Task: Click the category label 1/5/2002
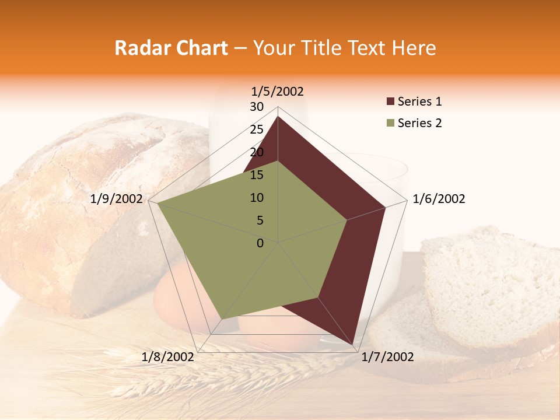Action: (x=278, y=92)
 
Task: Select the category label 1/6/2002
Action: (x=439, y=199)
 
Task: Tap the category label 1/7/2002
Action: (x=387, y=357)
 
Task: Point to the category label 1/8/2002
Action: (x=167, y=357)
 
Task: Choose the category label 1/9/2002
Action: (x=116, y=199)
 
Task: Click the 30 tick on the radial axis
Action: (x=257, y=107)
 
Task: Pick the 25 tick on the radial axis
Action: (x=257, y=129)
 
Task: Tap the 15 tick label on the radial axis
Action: (x=257, y=175)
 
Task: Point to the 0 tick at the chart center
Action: (x=260, y=243)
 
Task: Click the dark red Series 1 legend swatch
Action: (x=390, y=102)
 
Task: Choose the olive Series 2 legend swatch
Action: (x=390, y=123)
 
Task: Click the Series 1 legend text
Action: (x=419, y=102)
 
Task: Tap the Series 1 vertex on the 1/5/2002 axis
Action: (x=278, y=116)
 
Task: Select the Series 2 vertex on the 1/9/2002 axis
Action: (x=157, y=203)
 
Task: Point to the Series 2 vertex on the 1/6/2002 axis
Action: (x=346, y=220)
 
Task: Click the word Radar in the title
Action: (x=138, y=48)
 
